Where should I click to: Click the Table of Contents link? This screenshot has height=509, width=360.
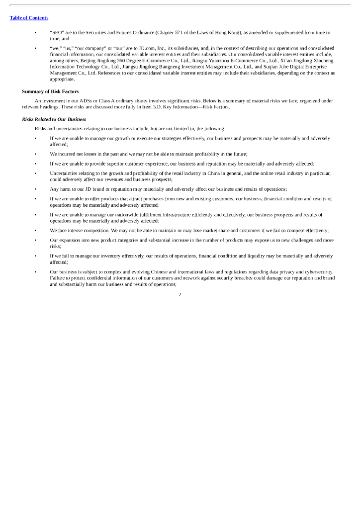click(29, 18)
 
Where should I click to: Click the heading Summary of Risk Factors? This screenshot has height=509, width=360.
click(50, 91)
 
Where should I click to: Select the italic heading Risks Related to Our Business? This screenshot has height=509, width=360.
click(54, 119)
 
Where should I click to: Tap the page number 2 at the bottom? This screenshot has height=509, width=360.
click(180, 295)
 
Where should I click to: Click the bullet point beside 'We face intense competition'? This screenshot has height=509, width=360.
click(35, 231)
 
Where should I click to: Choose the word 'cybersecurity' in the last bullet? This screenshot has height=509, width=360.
click(317, 272)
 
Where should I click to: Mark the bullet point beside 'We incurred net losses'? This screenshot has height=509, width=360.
click(35, 154)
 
